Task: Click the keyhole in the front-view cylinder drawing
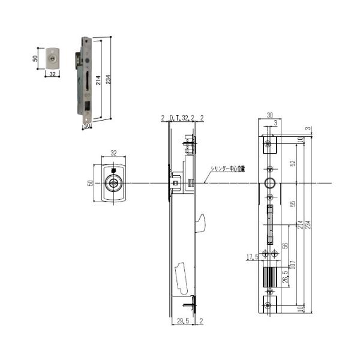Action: pos(112,183)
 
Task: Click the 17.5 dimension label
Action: pos(253,258)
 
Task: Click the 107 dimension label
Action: pos(292,264)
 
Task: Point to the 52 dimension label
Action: pos(293,163)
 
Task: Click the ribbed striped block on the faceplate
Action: pos(269,277)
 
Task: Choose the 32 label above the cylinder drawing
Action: pos(113,153)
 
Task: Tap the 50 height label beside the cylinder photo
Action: pos(35,59)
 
